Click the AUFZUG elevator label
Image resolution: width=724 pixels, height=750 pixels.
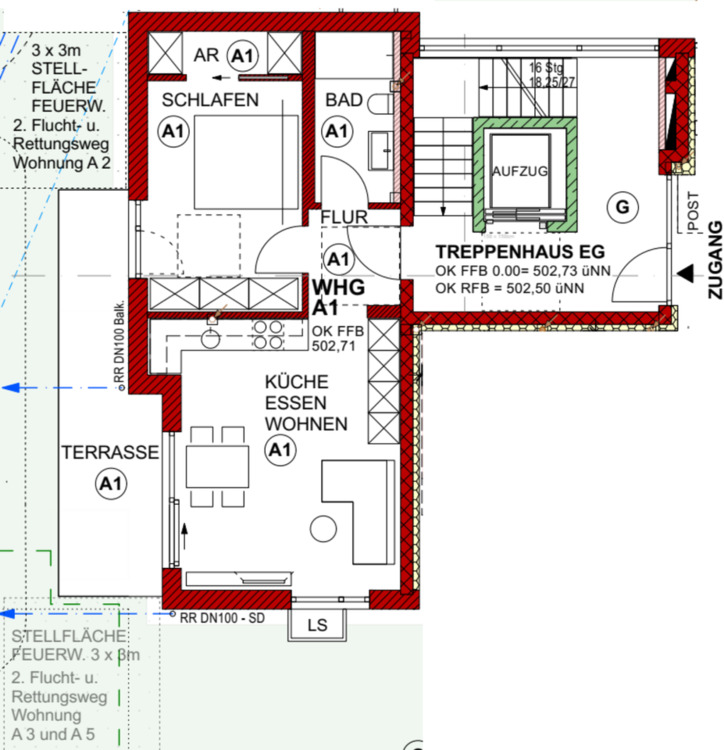coord(520,171)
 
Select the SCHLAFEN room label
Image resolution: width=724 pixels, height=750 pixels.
coord(211,100)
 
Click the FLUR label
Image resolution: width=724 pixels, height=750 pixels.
coord(344,216)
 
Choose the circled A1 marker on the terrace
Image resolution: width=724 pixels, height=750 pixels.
coord(109,485)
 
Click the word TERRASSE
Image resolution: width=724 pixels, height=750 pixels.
coord(110,453)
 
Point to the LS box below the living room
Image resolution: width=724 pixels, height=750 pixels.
coord(317,626)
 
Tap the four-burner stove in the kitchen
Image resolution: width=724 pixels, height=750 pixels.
coord(266,334)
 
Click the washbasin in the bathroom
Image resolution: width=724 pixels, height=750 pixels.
coord(380,152)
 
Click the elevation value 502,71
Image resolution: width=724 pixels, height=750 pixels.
coord(334,348)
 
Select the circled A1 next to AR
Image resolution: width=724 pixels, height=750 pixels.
coord(241,55)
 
